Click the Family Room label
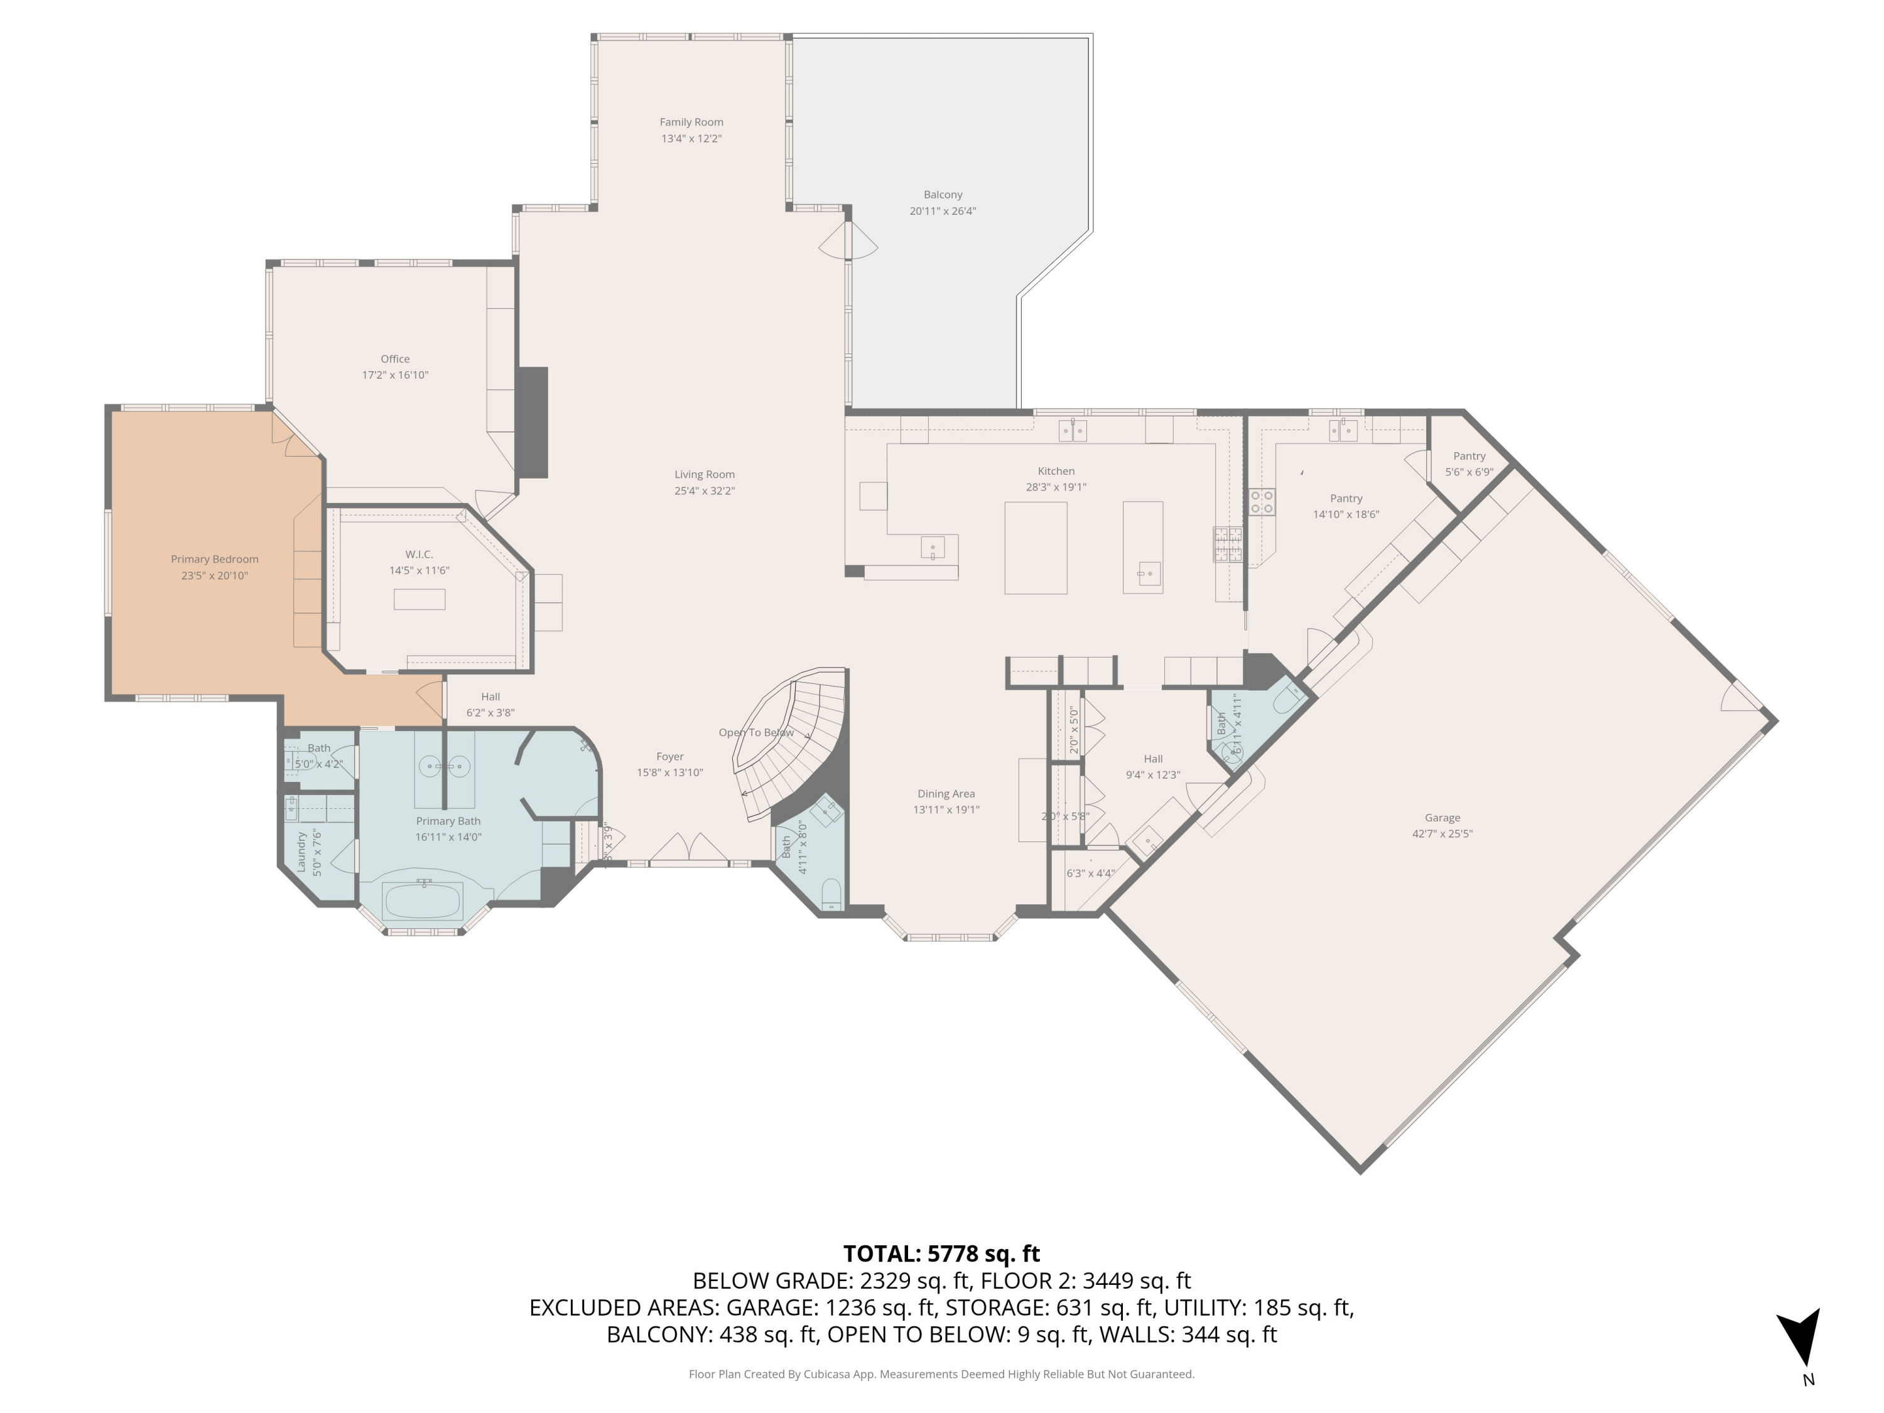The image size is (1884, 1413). point(691,122)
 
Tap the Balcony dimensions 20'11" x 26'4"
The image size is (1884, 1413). point(942,211)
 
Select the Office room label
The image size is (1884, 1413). point(394,359)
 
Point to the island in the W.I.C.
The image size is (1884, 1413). point(419,598)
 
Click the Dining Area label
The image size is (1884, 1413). point(945,793)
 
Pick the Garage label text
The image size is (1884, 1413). point(1441,817)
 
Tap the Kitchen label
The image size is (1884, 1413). point(1055,471)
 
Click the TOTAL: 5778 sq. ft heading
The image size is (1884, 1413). point(941,1253)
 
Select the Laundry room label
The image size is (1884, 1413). point(301,852)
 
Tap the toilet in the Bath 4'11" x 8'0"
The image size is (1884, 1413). point(831,894)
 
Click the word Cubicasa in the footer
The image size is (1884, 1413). point(826,1374)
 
